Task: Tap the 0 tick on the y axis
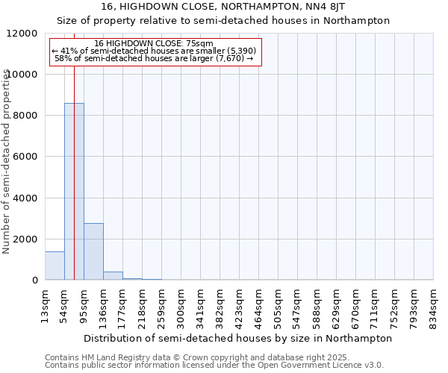coord(34,280)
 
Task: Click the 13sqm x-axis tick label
coord(46,304)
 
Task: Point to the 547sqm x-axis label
coord(298,304)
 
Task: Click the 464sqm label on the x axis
coord(259,304)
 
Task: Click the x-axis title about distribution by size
coord(238,338)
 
